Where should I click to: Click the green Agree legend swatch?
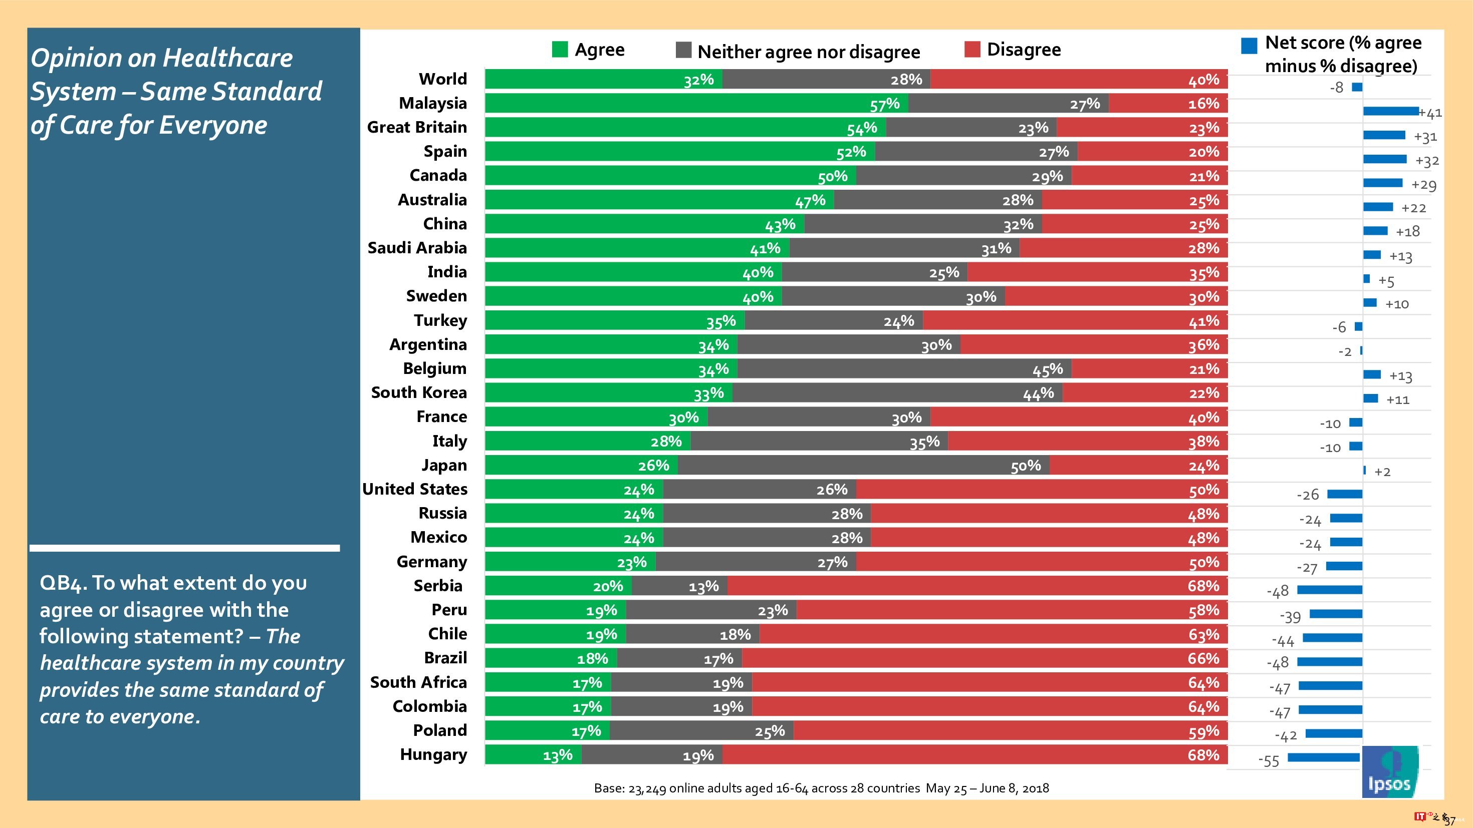pos(560,50)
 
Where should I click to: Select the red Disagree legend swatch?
pos(972,50)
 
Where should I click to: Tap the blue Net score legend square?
pos(1249,46)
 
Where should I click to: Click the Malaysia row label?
pos(432,104)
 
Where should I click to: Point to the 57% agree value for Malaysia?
pos(885,105)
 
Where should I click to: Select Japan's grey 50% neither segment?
pos(863,466)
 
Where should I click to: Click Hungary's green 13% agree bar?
pos(533,755)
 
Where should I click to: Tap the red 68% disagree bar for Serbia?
pos(977,586)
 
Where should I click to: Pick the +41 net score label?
pos(1431,113)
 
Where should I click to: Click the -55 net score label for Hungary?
pos(1268,761)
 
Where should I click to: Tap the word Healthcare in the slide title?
pos(227,58)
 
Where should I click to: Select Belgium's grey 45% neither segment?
pos(904,369)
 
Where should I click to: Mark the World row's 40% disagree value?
pos(1203,80)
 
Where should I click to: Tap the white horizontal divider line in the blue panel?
pos(184,548)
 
